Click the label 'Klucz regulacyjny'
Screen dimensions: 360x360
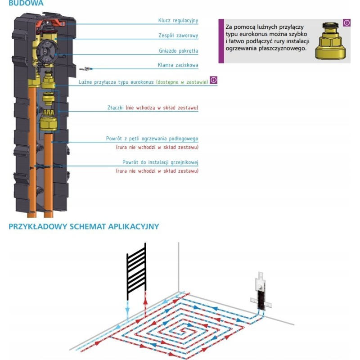tap(178, 21)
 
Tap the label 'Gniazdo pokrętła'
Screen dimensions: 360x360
tap(179, 51)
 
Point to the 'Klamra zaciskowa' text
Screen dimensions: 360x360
tap(178, 66)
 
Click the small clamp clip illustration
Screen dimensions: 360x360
tap(85, 68)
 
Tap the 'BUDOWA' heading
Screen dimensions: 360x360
tap(26, 3)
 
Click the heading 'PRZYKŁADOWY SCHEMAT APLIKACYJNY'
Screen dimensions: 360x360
tap(84, 226)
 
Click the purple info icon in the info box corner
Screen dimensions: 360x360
tap(346, 22)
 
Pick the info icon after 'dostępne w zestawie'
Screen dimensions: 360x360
tap(213, 80)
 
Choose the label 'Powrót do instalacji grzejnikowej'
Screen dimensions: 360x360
tap(161, 162)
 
